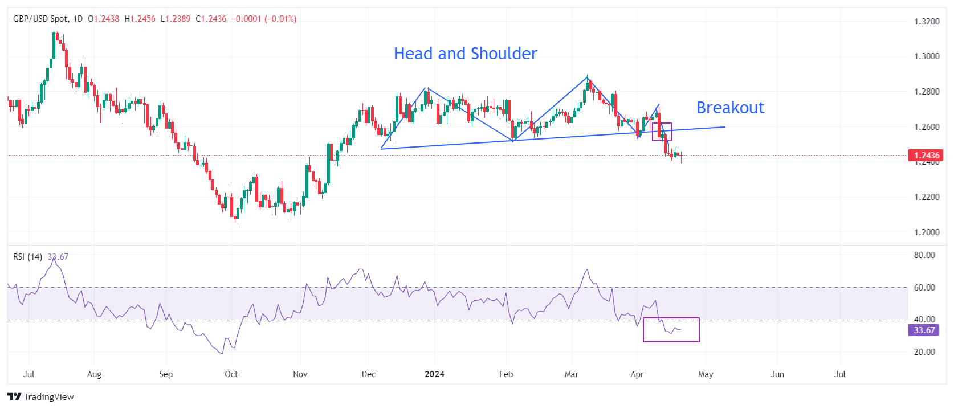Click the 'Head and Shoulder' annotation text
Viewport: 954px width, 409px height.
click(465, 54)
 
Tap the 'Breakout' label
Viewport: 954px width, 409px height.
click(730, 108)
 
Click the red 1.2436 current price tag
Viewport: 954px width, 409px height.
click(926, 156)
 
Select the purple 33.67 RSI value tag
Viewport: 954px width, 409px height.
click(924, 330)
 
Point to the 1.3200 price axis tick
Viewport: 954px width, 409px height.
click(927, 22)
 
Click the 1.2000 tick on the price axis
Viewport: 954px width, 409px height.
click(927, 232)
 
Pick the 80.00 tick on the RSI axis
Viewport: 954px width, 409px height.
click(924, 255)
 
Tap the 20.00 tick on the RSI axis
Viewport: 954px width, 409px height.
click(924, 352)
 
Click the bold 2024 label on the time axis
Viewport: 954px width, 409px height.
click(435, 374)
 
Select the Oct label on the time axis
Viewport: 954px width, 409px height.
click(231, 374)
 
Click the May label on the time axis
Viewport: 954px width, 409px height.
click(706, 374)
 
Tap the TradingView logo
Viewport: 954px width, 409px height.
click(41, 397)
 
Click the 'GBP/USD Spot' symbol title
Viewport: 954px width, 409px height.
click(40, 19)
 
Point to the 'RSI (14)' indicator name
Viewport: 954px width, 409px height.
click(27, 257)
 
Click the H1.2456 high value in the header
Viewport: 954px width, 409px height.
click(140, 19)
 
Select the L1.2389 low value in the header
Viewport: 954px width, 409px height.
click(176, 19)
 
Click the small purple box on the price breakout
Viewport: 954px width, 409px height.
click(662, 132)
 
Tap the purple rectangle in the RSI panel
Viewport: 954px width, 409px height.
click(671, 330)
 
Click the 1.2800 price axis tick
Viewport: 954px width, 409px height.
click(927, 92)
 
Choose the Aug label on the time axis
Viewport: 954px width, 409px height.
click(94, 374)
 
